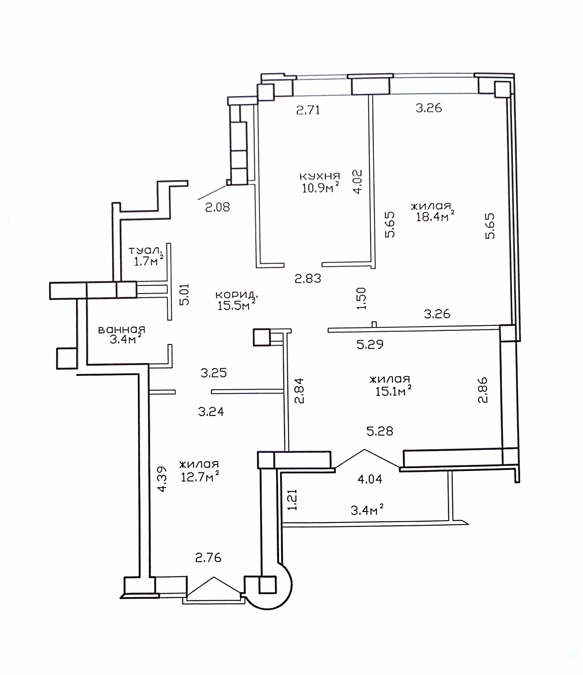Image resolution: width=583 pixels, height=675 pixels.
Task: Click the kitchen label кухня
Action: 320,176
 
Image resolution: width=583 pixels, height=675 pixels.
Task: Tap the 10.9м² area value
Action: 320,188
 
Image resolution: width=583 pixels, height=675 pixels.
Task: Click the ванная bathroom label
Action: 122,330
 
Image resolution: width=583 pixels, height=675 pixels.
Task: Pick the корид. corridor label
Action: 237,295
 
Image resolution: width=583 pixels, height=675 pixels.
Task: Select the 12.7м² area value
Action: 200,476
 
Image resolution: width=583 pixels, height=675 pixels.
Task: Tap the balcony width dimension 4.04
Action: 370,479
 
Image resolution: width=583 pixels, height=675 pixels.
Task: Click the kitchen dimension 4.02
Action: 357,181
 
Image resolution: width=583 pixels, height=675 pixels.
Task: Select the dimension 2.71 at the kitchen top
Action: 308,110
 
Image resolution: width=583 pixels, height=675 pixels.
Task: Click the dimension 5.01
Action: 184,295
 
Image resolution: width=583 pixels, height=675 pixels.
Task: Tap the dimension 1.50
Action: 361,298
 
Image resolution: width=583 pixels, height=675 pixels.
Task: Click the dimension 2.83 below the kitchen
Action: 308,278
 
